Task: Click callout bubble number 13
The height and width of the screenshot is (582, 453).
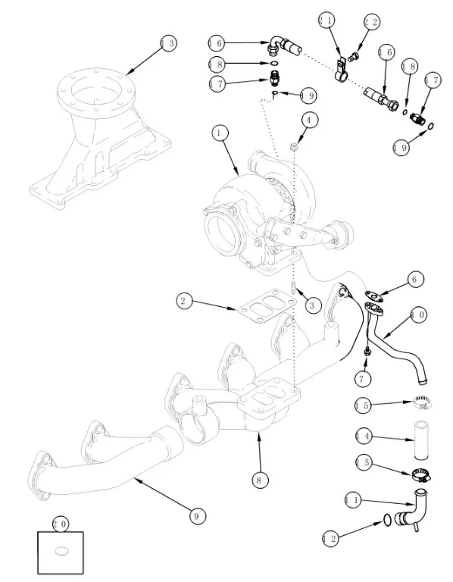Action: (168, 43)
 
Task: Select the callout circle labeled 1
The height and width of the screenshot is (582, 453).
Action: (220, 133)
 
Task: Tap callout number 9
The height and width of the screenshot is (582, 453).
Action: (197, 516)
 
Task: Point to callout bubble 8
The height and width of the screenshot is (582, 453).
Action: (259, 480)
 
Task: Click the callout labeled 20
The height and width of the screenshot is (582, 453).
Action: (61, 524)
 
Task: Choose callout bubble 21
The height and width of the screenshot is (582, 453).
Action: (326, 20)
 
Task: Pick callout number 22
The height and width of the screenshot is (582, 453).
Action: (370, 22)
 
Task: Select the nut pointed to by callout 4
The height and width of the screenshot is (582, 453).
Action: (294, 146)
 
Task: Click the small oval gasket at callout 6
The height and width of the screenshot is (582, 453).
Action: (374, 296)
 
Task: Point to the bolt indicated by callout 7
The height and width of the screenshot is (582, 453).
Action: (367, 351)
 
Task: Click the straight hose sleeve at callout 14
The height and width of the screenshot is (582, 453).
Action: (421, 439)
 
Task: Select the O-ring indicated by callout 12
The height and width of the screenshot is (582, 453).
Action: (386, 520)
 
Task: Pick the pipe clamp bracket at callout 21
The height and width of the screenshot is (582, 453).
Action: (342, 70)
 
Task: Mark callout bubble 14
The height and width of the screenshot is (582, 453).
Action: (364, 436)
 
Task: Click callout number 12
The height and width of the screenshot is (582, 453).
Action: (330, 538)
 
